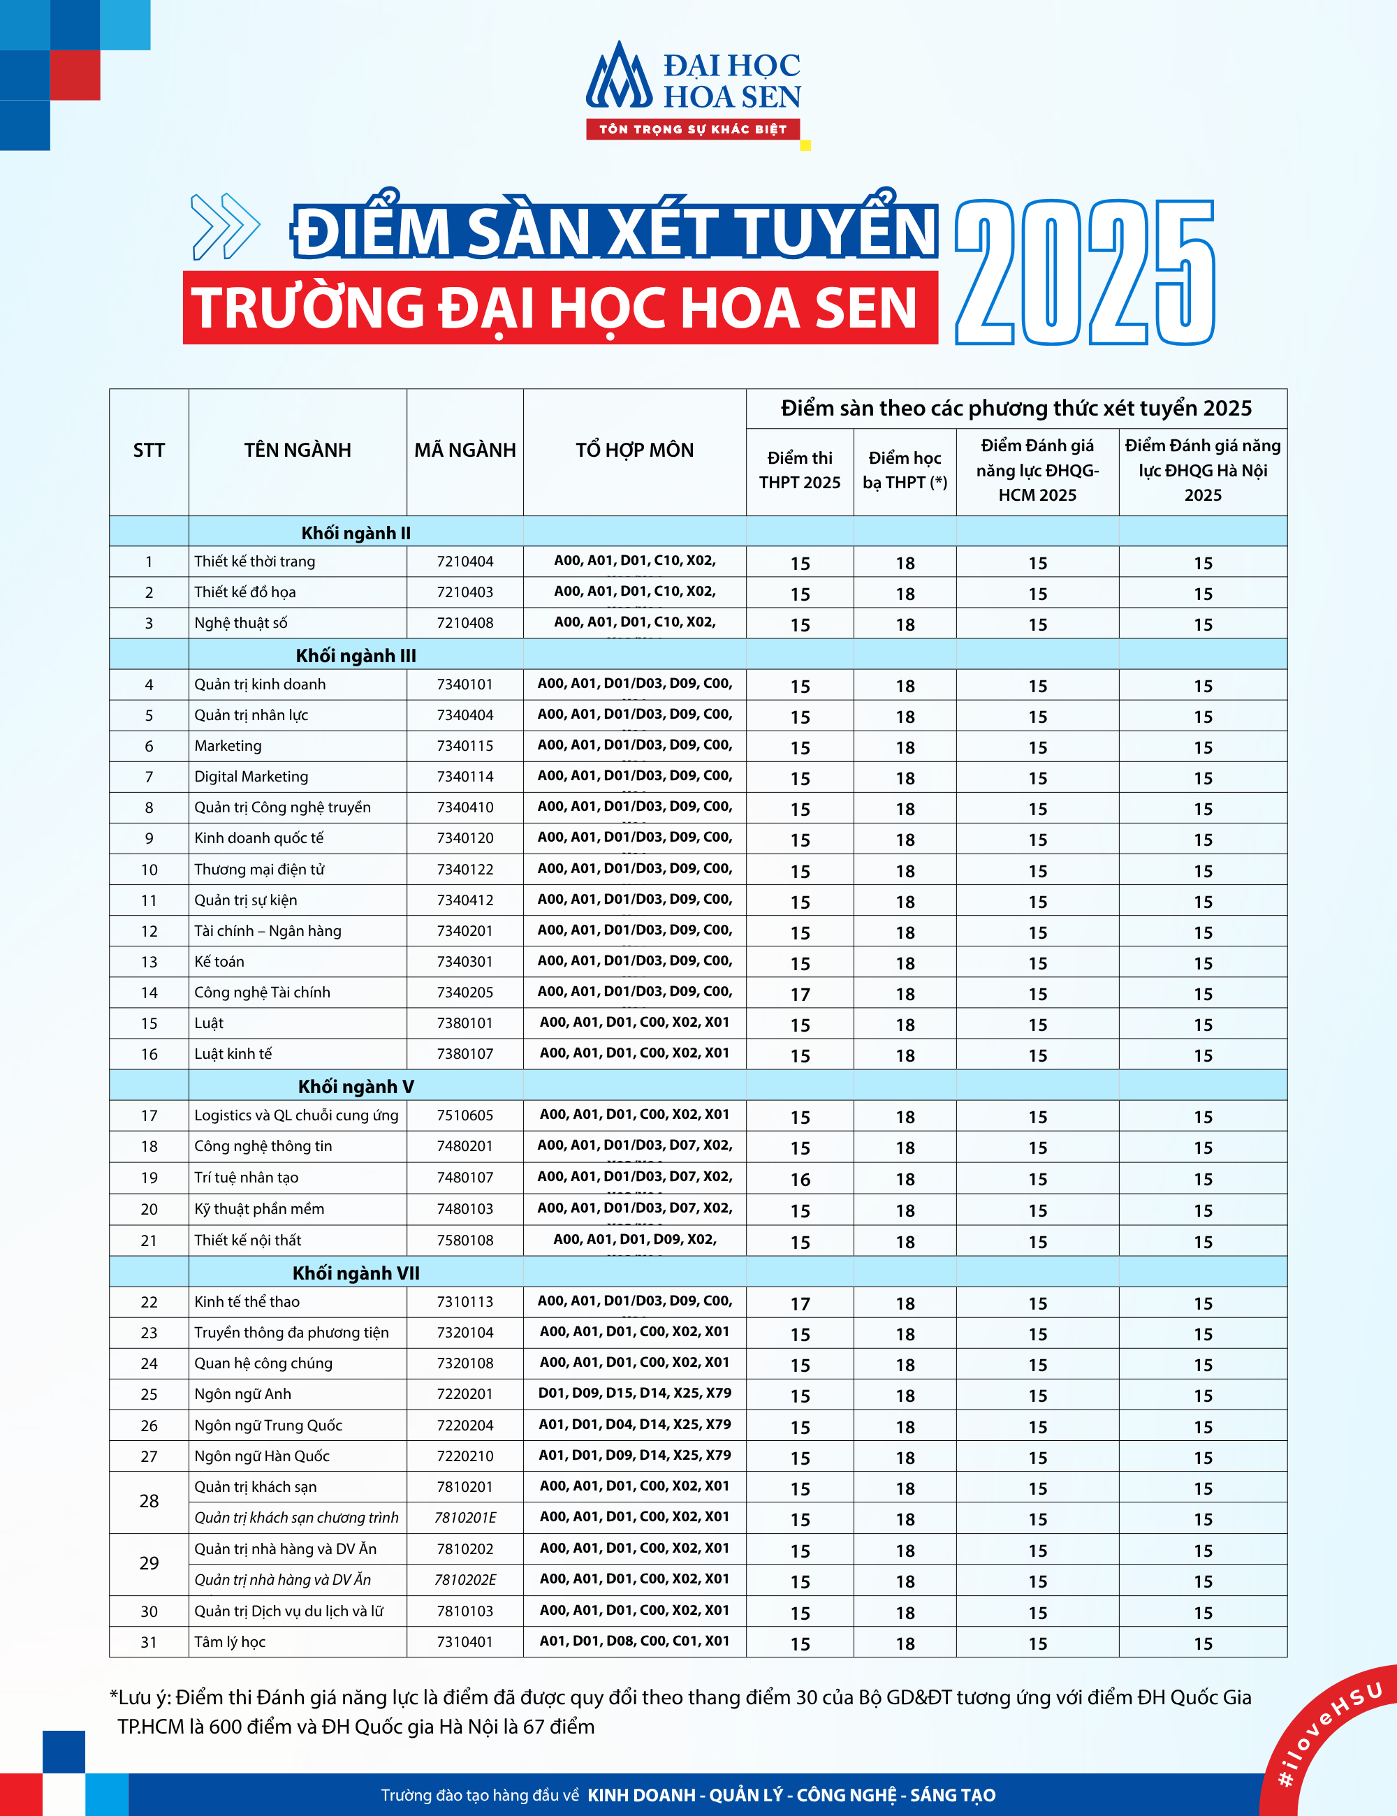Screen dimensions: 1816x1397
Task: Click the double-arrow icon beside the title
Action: [224, 226]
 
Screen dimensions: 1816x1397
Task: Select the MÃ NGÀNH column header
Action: [465, 451]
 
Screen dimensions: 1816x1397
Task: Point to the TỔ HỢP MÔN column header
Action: [634, 451]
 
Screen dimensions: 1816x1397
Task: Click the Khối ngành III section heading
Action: [356, 655]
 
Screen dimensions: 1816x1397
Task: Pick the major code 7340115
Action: [465, 746]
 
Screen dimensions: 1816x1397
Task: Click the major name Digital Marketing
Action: [251, 777]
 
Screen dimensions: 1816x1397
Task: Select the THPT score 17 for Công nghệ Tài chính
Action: [800, 995]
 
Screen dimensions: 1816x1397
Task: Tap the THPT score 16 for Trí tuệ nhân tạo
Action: [800, 1179]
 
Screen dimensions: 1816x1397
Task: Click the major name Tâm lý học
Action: [230, 1642]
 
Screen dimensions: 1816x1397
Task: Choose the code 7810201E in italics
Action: [465, 1518]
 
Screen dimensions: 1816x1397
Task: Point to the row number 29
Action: [149, 1563]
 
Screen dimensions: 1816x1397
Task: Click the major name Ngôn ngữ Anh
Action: [243, 1394]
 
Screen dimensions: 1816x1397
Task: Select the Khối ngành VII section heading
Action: [356, 1273]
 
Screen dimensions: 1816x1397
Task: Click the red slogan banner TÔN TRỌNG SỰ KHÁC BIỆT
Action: [693, 129]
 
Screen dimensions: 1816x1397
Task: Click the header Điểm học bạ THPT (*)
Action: [905, 470]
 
